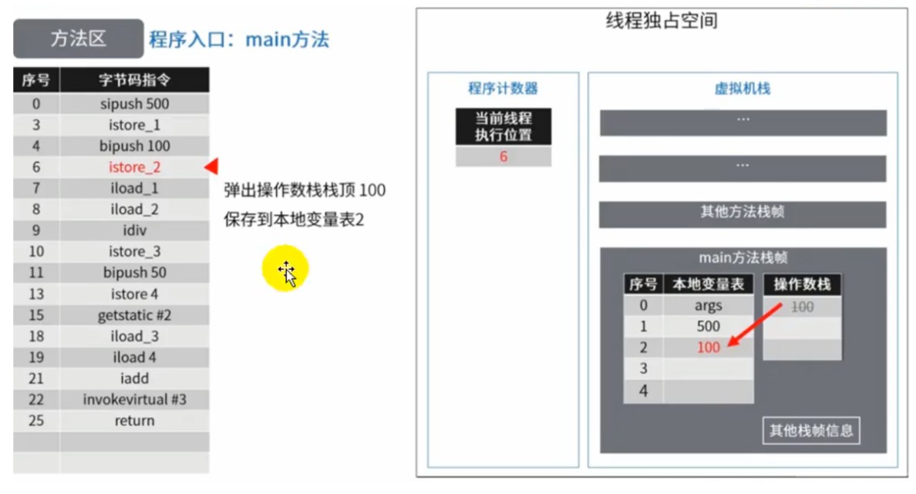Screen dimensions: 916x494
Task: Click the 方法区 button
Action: (x=79, y=39)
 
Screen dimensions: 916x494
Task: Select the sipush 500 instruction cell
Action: (x=134, y=104)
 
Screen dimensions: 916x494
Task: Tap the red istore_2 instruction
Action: (x=134, y=167)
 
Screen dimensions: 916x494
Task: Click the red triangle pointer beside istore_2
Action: (x=211, y=166)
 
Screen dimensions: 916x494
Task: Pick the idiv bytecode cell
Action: (x=134, y=230)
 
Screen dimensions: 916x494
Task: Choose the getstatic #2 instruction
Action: (x=134, y=315)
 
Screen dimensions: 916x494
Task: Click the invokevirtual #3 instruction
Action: (x=134, y=399)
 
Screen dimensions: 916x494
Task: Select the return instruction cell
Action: (x=134, y=421)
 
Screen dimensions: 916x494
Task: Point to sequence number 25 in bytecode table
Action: (x=36, y=421)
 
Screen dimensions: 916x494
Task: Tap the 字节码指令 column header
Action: (x=134, y=80)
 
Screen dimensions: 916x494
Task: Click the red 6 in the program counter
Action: (x=503, y=156)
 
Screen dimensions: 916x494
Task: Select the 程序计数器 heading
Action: (x=503, y=88)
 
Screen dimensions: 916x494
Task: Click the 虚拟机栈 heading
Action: (x=743, y=88)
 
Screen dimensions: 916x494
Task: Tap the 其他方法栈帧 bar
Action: (x=743, y=213)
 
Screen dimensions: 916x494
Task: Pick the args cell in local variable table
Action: (x=708, y=305)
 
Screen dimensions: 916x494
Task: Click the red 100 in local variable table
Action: (x=708, y=348)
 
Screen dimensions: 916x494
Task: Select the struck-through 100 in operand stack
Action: (x=802, y=307)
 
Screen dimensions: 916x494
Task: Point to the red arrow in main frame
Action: (x=755, y=324)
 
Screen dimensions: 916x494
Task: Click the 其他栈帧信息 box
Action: (x=811, y=431)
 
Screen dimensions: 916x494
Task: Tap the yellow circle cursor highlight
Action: (x=285, y=269)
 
